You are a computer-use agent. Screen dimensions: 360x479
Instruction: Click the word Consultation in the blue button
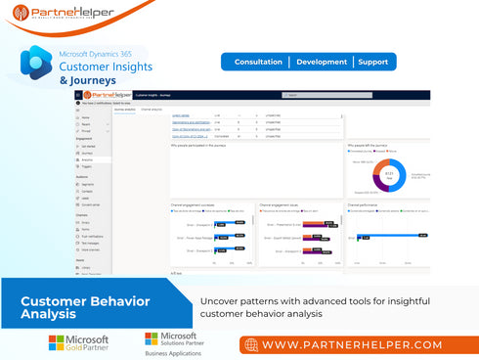tap(258, 62)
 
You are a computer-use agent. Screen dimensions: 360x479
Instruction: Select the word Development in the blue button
tap(322, 62)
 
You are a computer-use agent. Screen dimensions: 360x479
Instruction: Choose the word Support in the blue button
tap(373, 62)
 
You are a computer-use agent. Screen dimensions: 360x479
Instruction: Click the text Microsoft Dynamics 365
tap(103, 53)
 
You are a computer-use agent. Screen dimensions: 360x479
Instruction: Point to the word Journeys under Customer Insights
tap(91, 79)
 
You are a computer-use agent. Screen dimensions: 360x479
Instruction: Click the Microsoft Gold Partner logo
tap(78, 342)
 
